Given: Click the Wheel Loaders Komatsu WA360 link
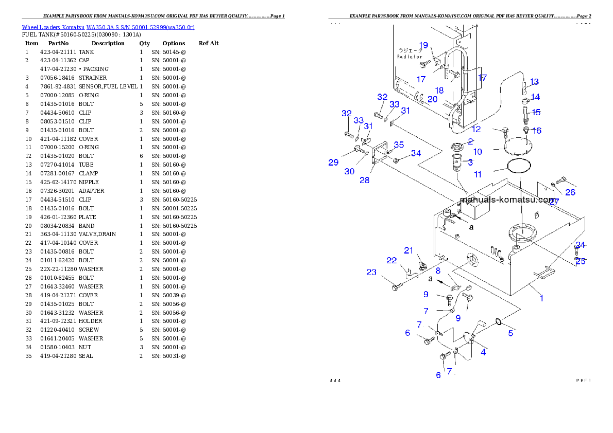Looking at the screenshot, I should (x=108, y=27).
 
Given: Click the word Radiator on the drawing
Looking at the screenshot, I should (x=410, y=57).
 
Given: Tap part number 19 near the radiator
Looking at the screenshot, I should (x=423, y=45).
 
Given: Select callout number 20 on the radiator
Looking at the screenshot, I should (x=432, y=99).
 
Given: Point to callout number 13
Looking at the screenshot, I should (x=534, y=82).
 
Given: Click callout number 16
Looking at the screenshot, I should (x=537, y=131).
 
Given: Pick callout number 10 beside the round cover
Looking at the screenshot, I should (x=478, y=152).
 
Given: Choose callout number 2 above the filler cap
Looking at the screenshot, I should (x=470, y=141).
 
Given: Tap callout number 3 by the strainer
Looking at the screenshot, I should (x=470, y=162).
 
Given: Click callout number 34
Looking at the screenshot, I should (x=416, y=153).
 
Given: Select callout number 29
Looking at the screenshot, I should (x=333, y=163).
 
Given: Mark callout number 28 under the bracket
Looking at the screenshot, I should (x=365, y=181).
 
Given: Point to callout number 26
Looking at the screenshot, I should (x=570, y=192).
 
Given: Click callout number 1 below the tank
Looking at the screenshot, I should (x=541, y=298).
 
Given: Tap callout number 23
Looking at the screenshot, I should (x=371, y=272).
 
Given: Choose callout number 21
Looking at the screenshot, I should (x=408, y=250).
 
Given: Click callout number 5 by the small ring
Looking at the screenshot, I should (x=510, y=333).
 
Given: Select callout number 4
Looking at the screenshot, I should (x=483, y=352).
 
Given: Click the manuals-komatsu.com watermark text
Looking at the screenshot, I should (x=507, y=200).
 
